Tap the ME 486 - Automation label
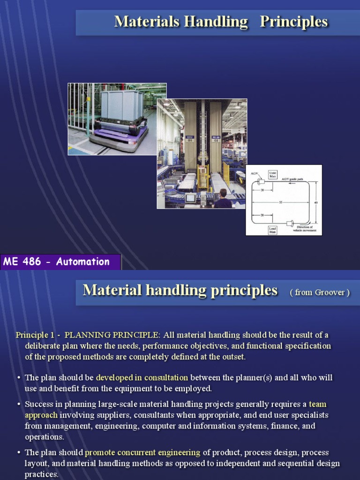(x=56, y=262)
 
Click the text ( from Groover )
(x=320, y=292)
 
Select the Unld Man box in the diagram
(x=272, y=174)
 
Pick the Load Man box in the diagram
(x=272, y=230)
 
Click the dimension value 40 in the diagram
(x=315, y=202)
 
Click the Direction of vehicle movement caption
(x=305, y=229)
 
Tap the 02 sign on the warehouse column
(x=216, y=140)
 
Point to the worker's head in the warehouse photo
(x=223, y=193)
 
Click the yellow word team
(x=317, y=404)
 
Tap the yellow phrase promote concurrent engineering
(x=142, y=452)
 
